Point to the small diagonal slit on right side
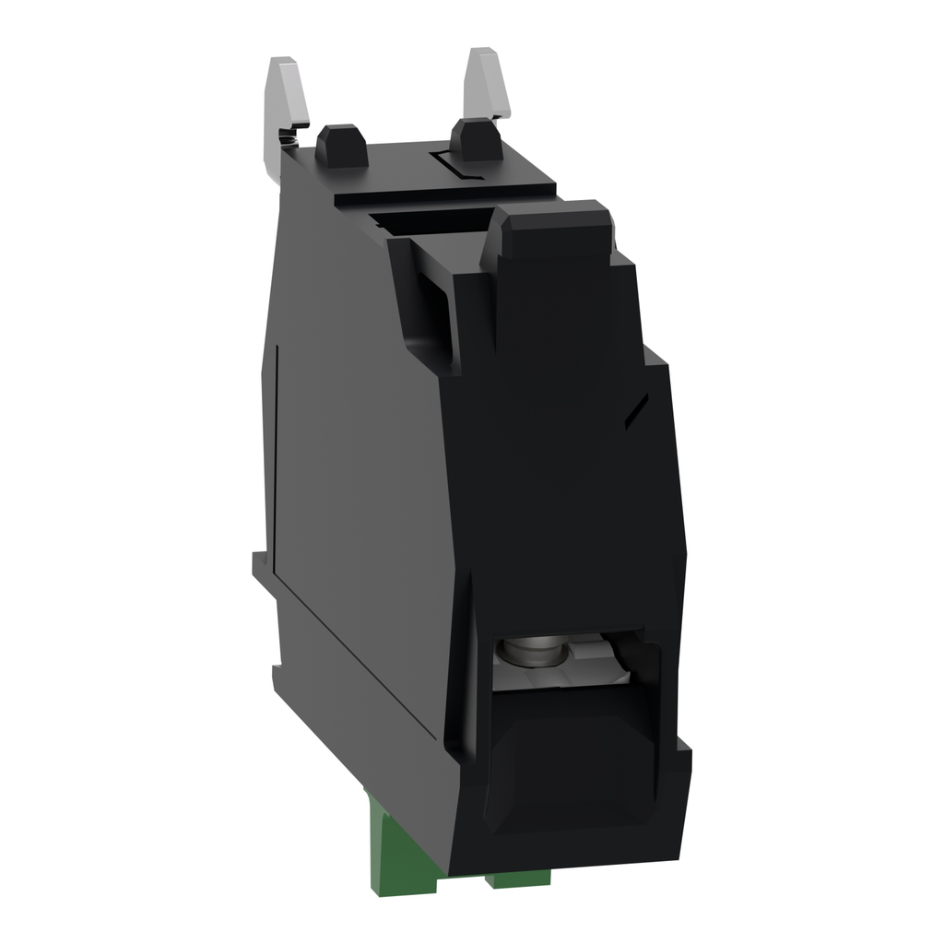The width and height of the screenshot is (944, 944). [636, 411]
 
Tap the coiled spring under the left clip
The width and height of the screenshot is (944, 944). [289, 139]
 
